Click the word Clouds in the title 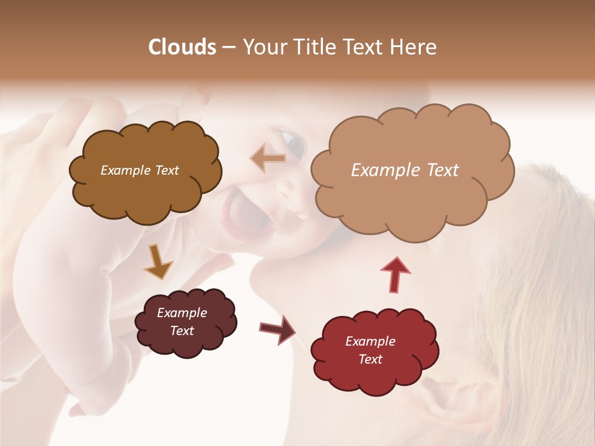(x=182, y=47)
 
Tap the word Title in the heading (x=313, y=47)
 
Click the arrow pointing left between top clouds (x=268, y=159)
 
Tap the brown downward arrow (x=157, y=261)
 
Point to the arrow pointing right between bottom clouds (x=277, y=329)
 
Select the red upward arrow (x=396, y=274)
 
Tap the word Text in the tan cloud (x=443, y=170)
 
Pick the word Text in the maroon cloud (x=182, y=331)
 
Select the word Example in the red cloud (x=370, y=341)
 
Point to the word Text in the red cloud (x=370, y=359)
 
